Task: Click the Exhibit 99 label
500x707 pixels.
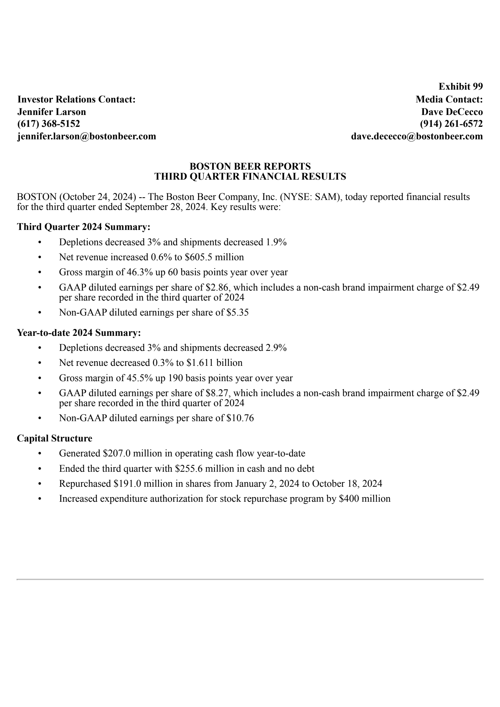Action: point(460,86)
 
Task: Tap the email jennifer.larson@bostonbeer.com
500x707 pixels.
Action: point(87,136)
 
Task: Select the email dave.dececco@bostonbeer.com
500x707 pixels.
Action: point(417,136)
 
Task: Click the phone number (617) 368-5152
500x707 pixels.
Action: point(48,124)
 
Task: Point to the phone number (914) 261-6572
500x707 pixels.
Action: point(451,124)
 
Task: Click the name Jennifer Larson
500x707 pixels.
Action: point(52,112)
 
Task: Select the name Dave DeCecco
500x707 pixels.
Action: point(452,112)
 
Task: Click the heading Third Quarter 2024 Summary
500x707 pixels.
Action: point(83,227)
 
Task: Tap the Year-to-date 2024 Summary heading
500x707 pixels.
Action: point(79,332)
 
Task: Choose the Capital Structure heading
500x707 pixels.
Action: point(54,438)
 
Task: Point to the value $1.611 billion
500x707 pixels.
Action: point(214,363)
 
